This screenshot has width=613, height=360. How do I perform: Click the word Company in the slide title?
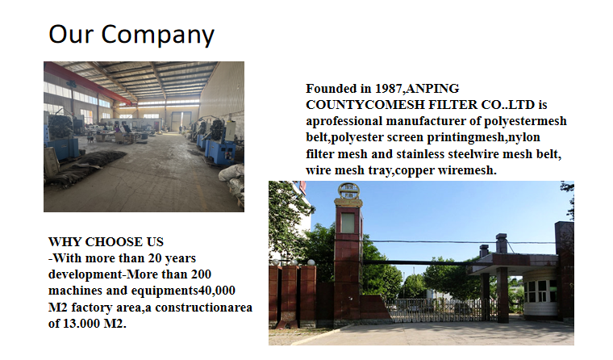(x=157, y=36)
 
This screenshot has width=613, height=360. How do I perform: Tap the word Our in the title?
(x=71, y=34)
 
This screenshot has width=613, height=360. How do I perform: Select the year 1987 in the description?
(x=389, y=89)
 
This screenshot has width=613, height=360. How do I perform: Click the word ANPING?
(x=433, y=89)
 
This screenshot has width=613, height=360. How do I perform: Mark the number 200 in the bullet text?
(x=201, y=274)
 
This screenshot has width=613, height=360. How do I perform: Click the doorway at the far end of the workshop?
(x=181, y=121)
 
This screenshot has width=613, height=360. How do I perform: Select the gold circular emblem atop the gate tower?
(x=348, y=192)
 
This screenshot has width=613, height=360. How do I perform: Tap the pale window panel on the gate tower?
(x=348, y=223)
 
